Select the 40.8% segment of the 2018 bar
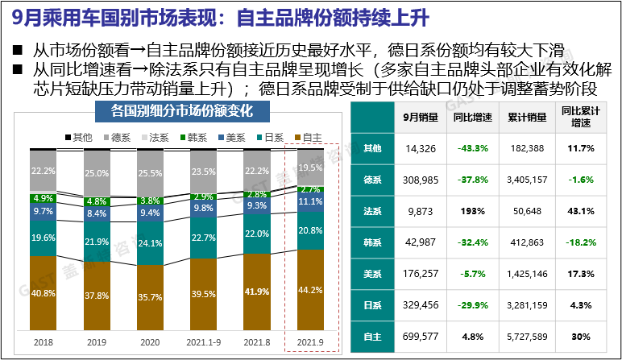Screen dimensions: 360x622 tap(43, 294)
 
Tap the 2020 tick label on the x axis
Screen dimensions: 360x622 tap(150, 341)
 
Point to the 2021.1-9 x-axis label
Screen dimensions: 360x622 tap(204, 341)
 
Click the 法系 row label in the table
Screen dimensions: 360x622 tap(372, 211)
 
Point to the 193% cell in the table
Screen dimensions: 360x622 tap(472, 211)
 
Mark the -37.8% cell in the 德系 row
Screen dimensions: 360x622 tap(472, 180)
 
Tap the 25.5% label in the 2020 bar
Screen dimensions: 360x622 tap(150, 172)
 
